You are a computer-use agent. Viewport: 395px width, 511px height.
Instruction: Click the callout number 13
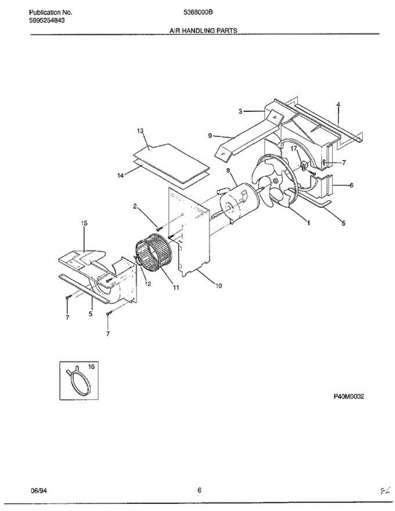pos(140,131)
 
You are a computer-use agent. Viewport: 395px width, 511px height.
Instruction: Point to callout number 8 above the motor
pos(228,170)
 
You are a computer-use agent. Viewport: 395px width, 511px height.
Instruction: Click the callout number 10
pos(218,286)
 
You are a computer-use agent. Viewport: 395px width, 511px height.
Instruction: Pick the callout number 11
pos(176,287)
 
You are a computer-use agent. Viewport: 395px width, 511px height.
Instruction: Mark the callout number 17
pos(294,149)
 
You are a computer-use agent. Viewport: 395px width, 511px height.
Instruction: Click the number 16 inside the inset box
pos(91,366)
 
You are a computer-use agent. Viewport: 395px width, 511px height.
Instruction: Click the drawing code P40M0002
pos(349,396)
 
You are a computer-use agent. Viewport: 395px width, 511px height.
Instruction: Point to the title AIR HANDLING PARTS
pos(203,31)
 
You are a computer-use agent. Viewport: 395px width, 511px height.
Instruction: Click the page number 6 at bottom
pos(199,490)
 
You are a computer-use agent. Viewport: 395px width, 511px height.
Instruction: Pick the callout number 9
pos(210,136)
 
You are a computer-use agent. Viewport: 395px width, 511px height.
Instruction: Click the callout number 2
pos(135,207)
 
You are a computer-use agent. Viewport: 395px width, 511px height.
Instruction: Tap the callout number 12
pos(147,284)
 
